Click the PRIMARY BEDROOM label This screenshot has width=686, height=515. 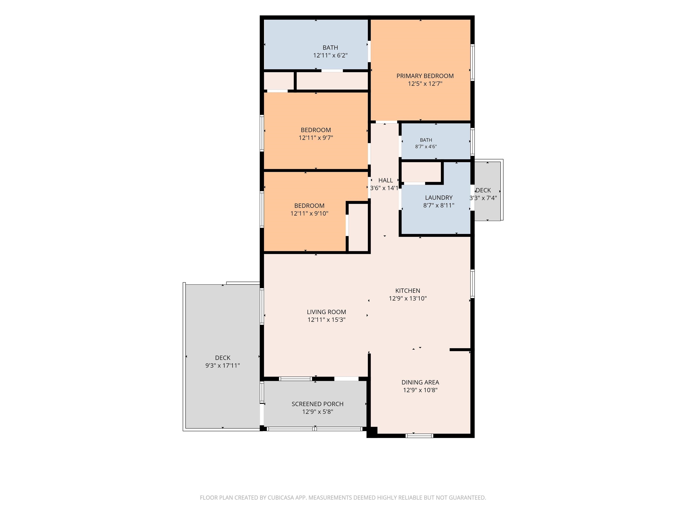coord(425,76)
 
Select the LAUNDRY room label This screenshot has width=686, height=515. coord(439,198)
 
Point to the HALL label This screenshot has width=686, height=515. coord(386,180)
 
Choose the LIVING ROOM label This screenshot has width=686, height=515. coord(326,312)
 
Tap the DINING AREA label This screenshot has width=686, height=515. coord(420,382)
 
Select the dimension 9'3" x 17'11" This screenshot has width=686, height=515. coord(223,366)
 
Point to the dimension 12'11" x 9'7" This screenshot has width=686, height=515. coord(316,138)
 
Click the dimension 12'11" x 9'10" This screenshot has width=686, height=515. coord(309,214)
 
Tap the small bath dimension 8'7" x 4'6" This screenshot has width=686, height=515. coord(426,146)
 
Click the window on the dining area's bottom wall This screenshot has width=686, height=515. coord(419,436)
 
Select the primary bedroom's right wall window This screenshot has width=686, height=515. coord(473,62)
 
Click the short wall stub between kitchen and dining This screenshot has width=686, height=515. coord(460,350)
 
